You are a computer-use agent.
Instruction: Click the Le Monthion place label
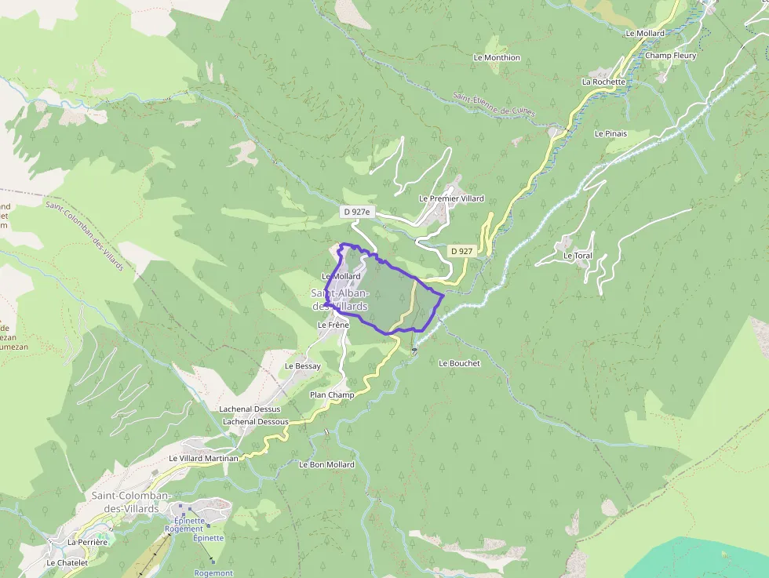[497, 57]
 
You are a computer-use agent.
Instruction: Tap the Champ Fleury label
[670, 56]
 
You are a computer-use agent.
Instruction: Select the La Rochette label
[603, 82]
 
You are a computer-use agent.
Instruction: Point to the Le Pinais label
[610, 133]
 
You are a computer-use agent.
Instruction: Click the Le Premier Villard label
[451, 198]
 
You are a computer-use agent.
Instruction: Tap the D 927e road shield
[355, 212]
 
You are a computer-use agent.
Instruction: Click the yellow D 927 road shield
[461, 251]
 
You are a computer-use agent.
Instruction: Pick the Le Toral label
[578, 256]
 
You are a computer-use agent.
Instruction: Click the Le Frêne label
[333, 325]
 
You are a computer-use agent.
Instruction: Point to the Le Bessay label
[302, 365]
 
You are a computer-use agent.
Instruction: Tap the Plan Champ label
[332, 394]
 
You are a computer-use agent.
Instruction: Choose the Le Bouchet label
[459, 363]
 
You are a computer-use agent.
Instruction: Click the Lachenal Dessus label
[250, 409]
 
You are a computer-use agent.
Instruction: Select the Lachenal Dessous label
[256, 421]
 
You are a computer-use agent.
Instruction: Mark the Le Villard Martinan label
[203, 458]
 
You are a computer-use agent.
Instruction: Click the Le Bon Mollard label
[326, 464]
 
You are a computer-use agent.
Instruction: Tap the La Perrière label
[87, 542]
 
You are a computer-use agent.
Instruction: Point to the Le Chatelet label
[67, 562]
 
